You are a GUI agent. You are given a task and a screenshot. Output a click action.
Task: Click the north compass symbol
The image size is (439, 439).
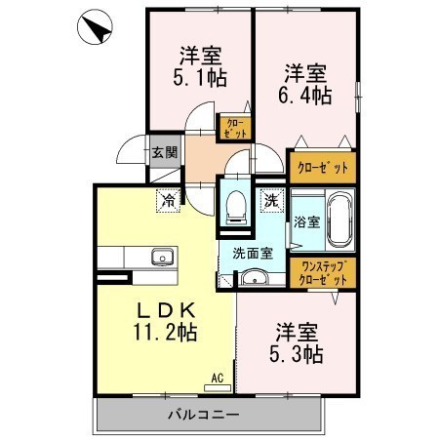[x=95, y=26]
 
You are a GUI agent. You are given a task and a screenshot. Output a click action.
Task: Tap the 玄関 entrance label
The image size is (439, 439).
[x=165, y=152]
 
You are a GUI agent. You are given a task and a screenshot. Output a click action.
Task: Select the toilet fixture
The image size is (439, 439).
[x=236, y=207]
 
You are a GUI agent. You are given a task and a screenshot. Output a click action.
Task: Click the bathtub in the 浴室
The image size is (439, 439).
[x=340, y=219]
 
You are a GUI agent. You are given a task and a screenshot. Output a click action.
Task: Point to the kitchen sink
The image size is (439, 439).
[x=163, y=257]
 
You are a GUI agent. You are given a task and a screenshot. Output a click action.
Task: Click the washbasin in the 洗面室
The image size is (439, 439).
[x=254, y=278]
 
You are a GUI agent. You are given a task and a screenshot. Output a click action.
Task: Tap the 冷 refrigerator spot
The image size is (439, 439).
[x=168, y=201]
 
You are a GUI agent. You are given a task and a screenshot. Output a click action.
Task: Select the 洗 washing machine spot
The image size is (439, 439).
[x=272, y=201]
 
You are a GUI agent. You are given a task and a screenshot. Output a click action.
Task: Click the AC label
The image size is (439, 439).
[x=218, y=378]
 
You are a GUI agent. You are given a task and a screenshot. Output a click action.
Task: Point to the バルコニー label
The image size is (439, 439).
[x=204, y=415]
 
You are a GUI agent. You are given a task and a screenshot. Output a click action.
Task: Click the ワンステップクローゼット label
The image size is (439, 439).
[x=323, y=273]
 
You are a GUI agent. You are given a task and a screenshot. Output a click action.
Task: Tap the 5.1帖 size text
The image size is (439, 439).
[x=200, y=78]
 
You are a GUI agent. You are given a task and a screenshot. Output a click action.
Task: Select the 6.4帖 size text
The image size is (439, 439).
[x=304, y=96]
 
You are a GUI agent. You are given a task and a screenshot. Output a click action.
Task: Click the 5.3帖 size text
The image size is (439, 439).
[x=297, y=354]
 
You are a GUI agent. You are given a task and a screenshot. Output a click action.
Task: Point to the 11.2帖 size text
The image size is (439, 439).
[x=165, y=332]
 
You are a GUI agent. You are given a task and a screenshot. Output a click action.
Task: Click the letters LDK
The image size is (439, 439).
[x=166, y=310]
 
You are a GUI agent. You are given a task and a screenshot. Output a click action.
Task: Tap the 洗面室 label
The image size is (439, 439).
[x=253, y=254]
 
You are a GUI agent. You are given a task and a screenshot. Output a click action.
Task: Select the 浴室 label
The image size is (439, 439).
[x=307, y=221]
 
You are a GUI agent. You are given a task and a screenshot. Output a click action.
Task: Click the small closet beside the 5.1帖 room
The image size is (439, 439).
[x=235, y=128]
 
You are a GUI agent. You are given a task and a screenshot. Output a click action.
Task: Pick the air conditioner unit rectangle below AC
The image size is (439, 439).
[x=218, y=388]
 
